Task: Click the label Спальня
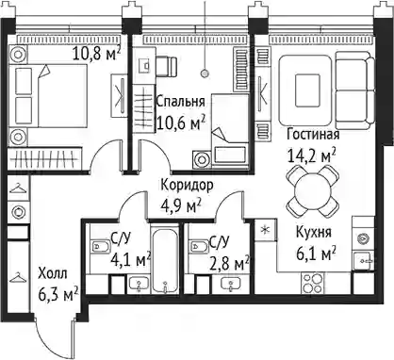coord(180,102)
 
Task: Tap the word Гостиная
coord(313,135)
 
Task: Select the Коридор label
coord(187,186)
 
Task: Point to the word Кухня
coord(314,233)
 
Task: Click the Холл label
coord(53,274)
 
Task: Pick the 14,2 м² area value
coord(312,155)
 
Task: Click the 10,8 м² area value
coord(96,54)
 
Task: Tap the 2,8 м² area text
coord(230,264)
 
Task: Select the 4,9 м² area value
coord(181,206)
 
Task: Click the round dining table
coord(313,191)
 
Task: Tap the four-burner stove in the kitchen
coord(312,283)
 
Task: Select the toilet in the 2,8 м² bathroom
coord(198,247)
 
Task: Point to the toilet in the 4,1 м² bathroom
coord(100,247)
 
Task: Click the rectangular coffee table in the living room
coord(307,90)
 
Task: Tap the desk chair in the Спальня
coord(167,66)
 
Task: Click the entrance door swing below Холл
coord(55,336)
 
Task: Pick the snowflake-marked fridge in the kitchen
coord(266,230)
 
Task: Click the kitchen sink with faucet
coord(364,261)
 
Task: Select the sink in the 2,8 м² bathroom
coord(231,285)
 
